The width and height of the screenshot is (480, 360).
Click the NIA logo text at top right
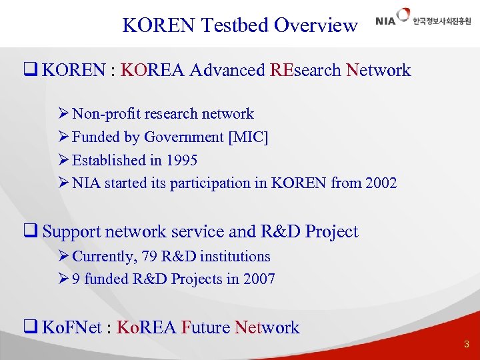pyautogui.click(x=385, y=21)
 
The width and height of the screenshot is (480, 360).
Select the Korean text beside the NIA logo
pyautogui.click(x=441, y=21)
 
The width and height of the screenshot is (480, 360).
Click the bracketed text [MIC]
pyautogui.click(x=248, y=137)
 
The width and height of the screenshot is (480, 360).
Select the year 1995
pyautogui.click(x=181, y=161)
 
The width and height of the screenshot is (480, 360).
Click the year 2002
pyautogui.click(x=381, y=183)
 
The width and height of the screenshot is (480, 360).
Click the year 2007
pyautogui.click(x=259, y=279)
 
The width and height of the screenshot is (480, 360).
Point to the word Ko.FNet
pyautogui.click(x=73, y=327)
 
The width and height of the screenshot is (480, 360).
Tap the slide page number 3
pyautogui.click(x=467, y=345)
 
